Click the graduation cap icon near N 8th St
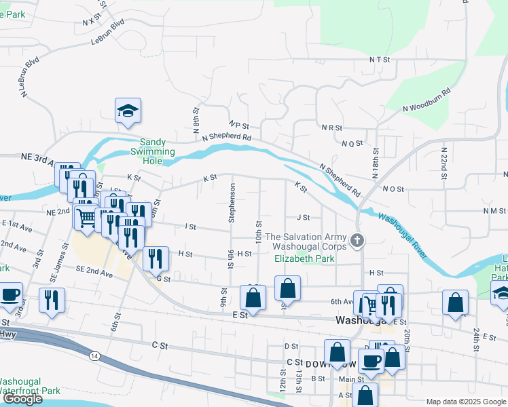click(128, 111)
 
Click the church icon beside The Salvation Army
click(358, 239)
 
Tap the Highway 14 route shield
click(93, 356)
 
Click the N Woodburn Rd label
click(427, 99)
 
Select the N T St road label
click(382, 60)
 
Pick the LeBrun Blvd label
click(109, 32)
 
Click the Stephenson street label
click(232, 202)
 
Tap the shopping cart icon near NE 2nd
click(86, 218)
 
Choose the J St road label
click(303, 218)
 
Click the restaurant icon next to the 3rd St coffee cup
click(52, 300)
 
